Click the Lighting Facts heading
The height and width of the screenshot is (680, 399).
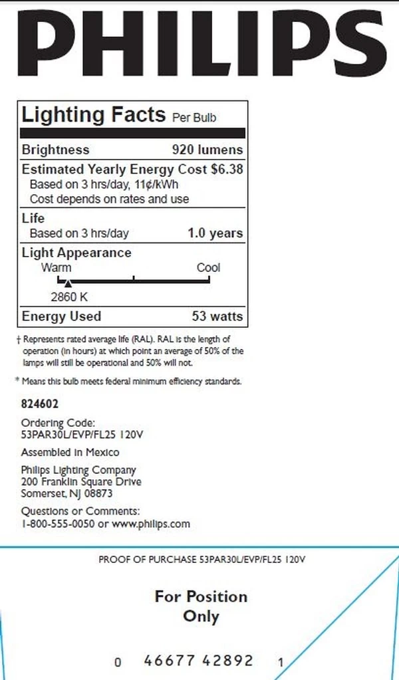93,114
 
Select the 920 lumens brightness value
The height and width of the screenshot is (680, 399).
207,150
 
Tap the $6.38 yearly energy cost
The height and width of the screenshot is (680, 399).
227,170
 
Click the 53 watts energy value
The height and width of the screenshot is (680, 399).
217,316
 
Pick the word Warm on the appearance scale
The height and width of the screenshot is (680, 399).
57,268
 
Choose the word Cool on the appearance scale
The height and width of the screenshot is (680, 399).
208,268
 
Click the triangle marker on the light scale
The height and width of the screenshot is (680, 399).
67,284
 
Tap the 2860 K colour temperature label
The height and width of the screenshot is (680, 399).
69,296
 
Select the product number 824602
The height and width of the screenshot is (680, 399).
41,403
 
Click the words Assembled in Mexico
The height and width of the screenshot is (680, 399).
70,452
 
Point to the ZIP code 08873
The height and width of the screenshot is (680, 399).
99,494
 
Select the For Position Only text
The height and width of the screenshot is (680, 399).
201,606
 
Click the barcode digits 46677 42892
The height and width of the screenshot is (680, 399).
199,661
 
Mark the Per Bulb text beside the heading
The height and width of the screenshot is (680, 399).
194,118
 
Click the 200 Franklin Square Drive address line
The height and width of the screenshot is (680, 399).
81,482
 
